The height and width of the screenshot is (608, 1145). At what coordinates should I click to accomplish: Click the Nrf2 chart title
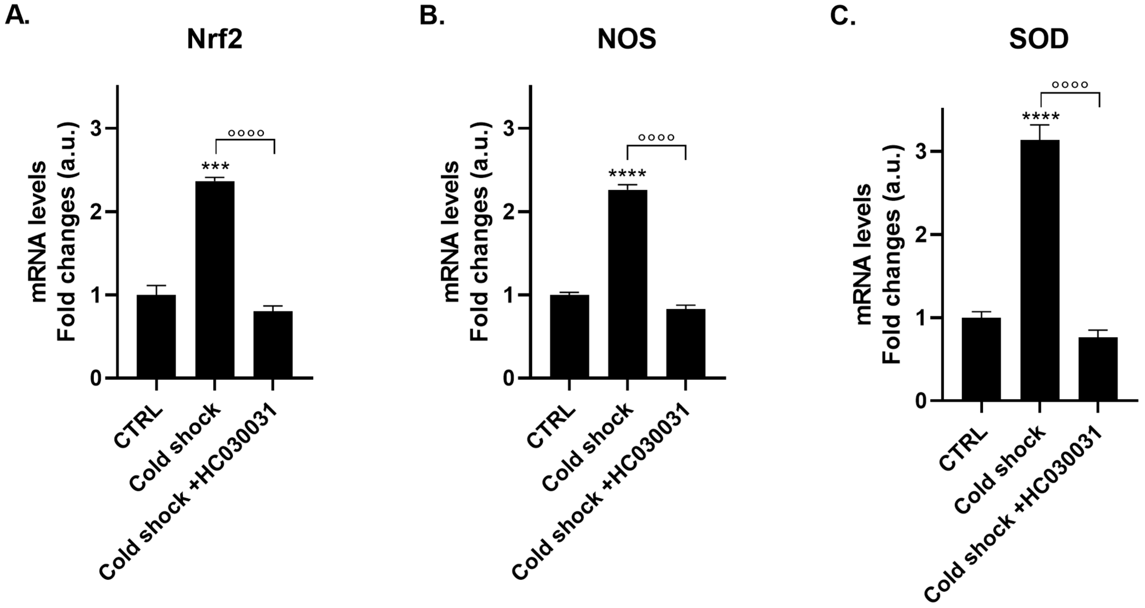(x=215, y=40)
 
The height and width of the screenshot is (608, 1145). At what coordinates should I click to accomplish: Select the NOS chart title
(x=627, y=40)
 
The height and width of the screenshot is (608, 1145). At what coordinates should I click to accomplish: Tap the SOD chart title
(x=1039, y=40)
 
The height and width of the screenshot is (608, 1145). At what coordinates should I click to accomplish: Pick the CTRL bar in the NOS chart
(x=569, y=336)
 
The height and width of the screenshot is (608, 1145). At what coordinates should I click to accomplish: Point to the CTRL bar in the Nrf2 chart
(x=156, y=336)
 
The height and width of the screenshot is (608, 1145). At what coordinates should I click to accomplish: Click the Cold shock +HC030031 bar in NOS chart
(x=685, y=343)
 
